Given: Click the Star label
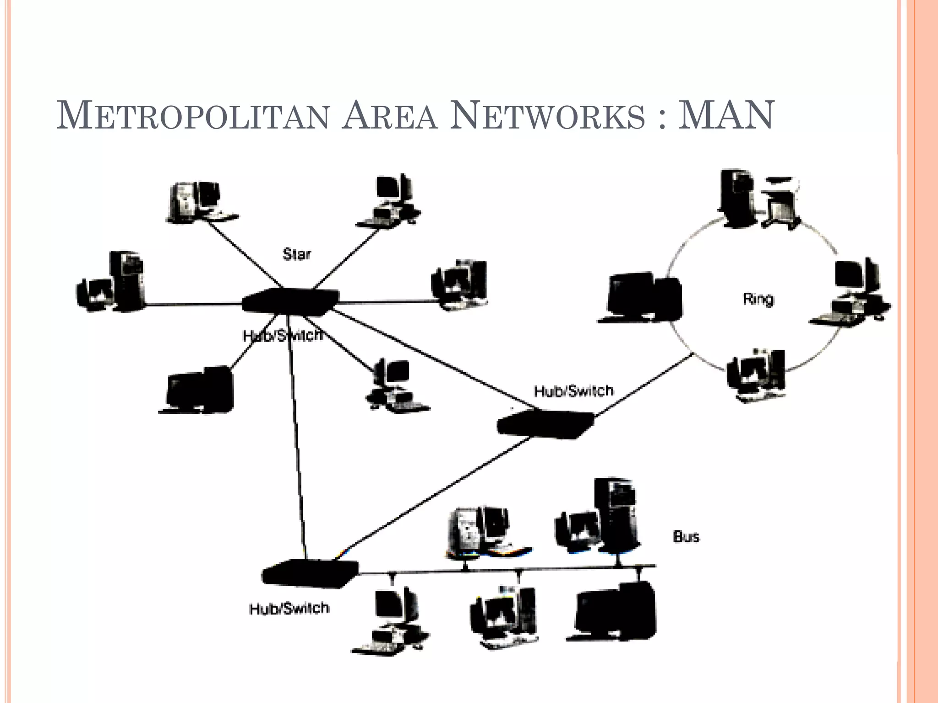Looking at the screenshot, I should [297, 254].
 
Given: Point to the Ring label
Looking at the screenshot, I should [758, 299].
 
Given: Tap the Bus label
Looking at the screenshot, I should [686, 536].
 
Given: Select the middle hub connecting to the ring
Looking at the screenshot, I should [545, 424].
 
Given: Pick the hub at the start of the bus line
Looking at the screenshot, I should [310, 573].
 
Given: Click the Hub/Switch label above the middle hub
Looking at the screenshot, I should [573, 391].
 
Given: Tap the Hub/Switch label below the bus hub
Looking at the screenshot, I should [289, 608].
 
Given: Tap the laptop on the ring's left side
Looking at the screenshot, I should [641, 297].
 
